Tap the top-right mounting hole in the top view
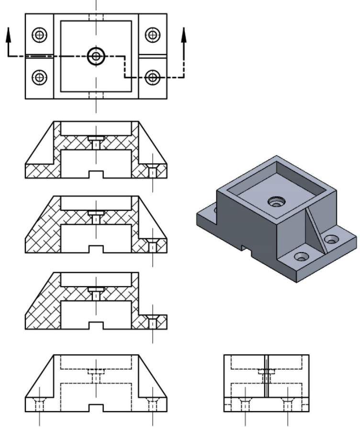click(153, 35)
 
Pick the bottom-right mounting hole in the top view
click(153, 76)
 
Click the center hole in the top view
click(96, 56)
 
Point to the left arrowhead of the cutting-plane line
click(8, 34)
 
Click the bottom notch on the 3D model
click(248, 249)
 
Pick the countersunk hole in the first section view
click(153, 171)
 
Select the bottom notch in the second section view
click(96, 249)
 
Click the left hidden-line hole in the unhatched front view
click(39, 405)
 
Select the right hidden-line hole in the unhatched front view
click(153, 405)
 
